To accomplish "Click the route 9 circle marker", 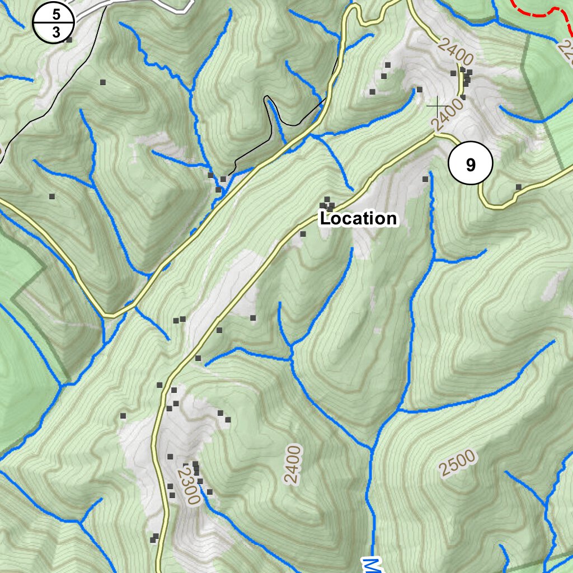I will point(470,164).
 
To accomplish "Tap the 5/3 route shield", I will point(54,23).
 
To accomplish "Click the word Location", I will point(358,218).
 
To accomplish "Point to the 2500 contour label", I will point(457,462).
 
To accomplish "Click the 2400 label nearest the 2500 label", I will point(292,464).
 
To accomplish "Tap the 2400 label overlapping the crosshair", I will point(448,116).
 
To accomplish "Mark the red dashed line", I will point(537,12).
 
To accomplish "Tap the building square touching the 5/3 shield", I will point(69,40).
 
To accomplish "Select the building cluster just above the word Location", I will point(327,204).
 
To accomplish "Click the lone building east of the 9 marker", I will point(519,186).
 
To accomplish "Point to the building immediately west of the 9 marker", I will point(425,179).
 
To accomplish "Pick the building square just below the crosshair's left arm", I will point(419,89).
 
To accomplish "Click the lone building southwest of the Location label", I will point(303,234).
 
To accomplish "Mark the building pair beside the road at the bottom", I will point(154,538).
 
